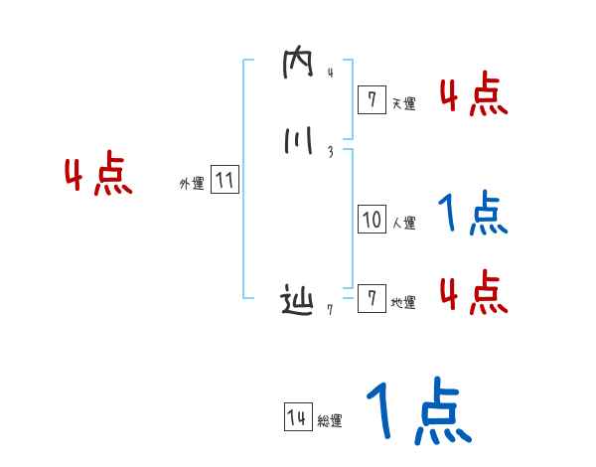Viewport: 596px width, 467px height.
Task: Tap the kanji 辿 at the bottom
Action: pos(297,301)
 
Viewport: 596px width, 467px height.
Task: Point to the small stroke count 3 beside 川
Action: pos(330,152)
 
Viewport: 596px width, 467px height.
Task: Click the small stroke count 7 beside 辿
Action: pos(330,309)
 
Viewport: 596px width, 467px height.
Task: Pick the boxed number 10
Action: pos(372,220)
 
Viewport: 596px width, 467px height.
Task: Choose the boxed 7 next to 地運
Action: pos(372,299)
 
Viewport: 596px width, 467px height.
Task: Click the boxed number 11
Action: pos(224,181)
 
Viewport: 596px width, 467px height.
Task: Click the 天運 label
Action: pos(404,103)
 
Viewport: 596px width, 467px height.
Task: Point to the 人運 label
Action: pos(404,224)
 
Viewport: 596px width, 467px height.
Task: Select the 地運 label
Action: pos(404,303)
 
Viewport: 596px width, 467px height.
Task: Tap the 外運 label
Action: pos(191,185)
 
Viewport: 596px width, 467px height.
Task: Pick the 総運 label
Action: pos(330,422)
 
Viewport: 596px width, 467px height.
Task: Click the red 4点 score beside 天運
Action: pos(473,95)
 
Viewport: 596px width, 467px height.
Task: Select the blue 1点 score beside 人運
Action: pos(473,215)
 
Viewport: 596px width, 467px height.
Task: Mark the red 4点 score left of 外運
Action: pos(98,176)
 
